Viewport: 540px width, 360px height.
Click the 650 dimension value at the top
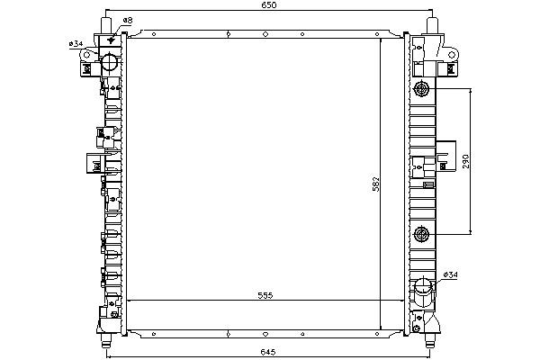268,4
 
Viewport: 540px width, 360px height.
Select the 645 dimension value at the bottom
267,352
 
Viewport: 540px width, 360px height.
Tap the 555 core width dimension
265,295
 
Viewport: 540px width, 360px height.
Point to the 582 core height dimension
375,184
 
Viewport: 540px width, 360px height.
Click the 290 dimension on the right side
465,161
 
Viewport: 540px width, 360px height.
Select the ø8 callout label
128,21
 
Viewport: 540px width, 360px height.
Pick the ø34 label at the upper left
76,44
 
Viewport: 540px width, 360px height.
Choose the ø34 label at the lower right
451,274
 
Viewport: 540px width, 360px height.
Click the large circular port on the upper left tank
110,62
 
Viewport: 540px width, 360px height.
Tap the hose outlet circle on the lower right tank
423,287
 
